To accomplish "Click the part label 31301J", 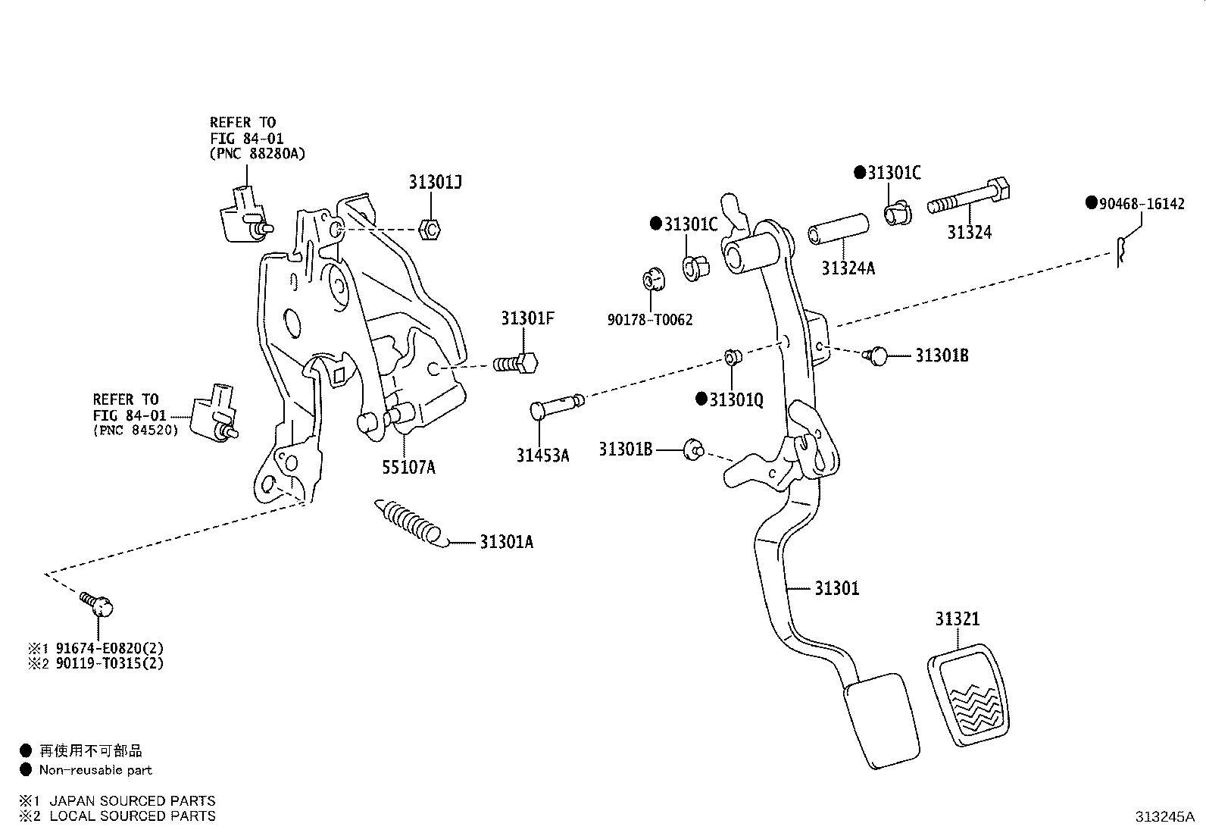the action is click(435, 182).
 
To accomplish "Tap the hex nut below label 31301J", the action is click(430, 230).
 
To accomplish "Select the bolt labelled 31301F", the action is click(516, 364).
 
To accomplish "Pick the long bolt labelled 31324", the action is click(969, 196).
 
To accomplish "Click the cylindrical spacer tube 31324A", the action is click(839, 229).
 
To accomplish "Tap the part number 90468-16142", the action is click(1142, 204).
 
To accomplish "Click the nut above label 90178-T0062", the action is click(654, 279).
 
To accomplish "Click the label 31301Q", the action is click(736, 399).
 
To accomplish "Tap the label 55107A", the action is click(408, 467).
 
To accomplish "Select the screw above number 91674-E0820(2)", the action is click(97, 605).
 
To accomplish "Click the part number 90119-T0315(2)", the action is click(109, 663).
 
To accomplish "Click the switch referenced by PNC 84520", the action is click(215, 413).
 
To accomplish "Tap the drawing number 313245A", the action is click(1164, 817).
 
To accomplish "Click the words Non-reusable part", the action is click(95, 770).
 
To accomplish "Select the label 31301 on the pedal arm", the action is click(836, 588).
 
